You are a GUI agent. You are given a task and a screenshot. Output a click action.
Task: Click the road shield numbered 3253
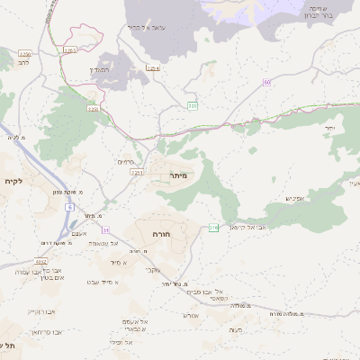pos(71,50)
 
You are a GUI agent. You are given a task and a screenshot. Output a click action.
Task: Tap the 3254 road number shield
pos(153,68)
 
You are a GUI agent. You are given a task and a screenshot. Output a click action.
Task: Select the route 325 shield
pos(192,106)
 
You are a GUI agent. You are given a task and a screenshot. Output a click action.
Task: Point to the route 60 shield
pos(267,83)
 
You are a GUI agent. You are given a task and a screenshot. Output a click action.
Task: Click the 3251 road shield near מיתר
pos(136,171)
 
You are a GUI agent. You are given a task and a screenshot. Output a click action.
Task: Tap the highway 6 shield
pos(67,207)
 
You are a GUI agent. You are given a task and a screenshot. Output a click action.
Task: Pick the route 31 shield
pos(105,229)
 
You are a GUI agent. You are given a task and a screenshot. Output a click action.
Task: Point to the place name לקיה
pos(13,182)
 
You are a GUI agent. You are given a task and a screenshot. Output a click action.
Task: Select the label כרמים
pos(125,161)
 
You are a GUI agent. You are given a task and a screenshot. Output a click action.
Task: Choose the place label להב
pos(23,64)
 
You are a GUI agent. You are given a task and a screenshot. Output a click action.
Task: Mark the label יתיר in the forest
pos(330,129)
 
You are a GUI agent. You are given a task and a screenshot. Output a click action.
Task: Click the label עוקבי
pos(153,269)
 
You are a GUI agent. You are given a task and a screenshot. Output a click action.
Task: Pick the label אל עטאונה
pos(99,243)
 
